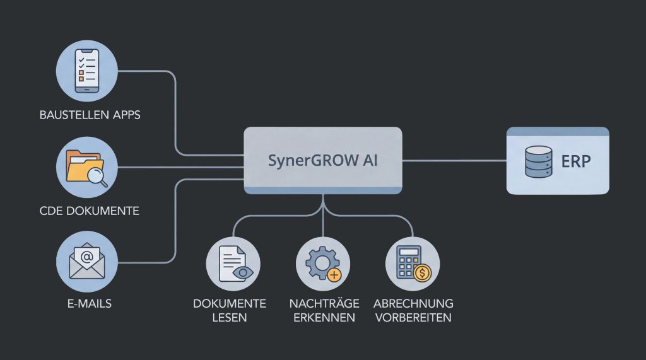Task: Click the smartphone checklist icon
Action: coord(87,71)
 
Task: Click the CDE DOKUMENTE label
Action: coord(89,211)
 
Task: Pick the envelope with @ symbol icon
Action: coord(87,260)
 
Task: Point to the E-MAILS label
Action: coord(89,304)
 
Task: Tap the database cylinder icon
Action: coord(538,161)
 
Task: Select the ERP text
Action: coord(575,161)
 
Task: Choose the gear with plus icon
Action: coord(322,264)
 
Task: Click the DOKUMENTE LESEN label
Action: coord(230,310)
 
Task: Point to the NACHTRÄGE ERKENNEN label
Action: coord(322,310)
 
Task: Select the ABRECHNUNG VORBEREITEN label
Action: coord(413,310)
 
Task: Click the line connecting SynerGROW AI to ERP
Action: coord(454,161)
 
